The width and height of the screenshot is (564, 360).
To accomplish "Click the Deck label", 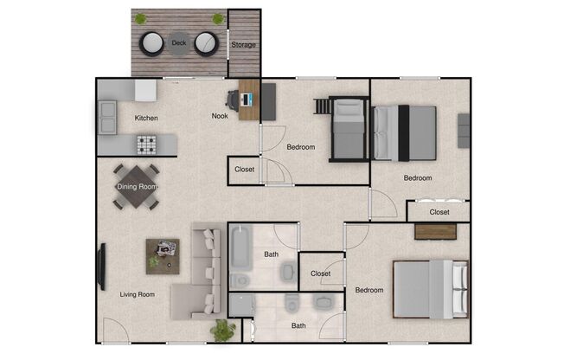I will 179,42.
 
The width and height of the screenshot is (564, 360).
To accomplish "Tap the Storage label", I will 243,44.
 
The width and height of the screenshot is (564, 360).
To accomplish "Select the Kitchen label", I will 145,118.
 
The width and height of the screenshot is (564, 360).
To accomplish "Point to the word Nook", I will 221,116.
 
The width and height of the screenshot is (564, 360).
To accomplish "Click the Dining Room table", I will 137,187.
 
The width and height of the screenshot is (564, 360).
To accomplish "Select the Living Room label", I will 137,294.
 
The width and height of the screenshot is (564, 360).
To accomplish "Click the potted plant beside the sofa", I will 223,330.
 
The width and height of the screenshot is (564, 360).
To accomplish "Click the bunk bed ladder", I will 323,106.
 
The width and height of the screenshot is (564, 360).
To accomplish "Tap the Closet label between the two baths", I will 320,273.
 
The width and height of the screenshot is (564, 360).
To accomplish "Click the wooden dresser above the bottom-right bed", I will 435,231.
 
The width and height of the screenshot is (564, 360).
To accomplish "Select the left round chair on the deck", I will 153,42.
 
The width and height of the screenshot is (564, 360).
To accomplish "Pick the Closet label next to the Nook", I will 245,170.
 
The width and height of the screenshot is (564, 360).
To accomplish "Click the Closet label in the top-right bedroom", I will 439,211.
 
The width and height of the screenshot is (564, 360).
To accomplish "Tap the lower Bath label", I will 298,326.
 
